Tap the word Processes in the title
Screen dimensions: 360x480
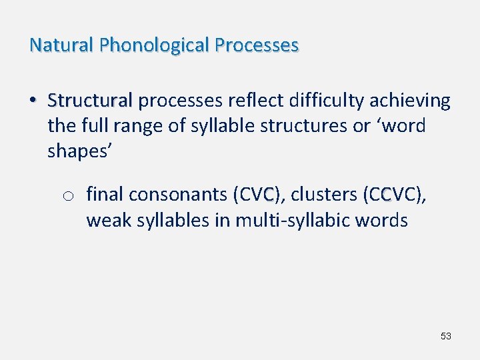click(x=257, y=45)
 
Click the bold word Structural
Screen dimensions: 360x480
click(x=90, y=101)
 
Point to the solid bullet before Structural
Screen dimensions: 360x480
click(x=32, y=101)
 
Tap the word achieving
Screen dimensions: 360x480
click(x=410, y=101)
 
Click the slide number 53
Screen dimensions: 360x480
click(x=446, y=336)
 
